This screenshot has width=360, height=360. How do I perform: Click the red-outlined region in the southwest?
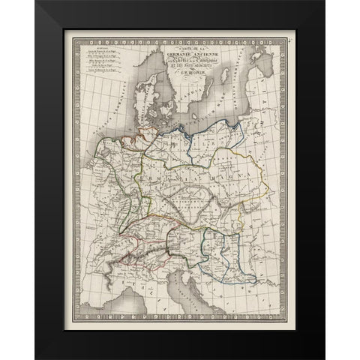pos(131,247)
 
